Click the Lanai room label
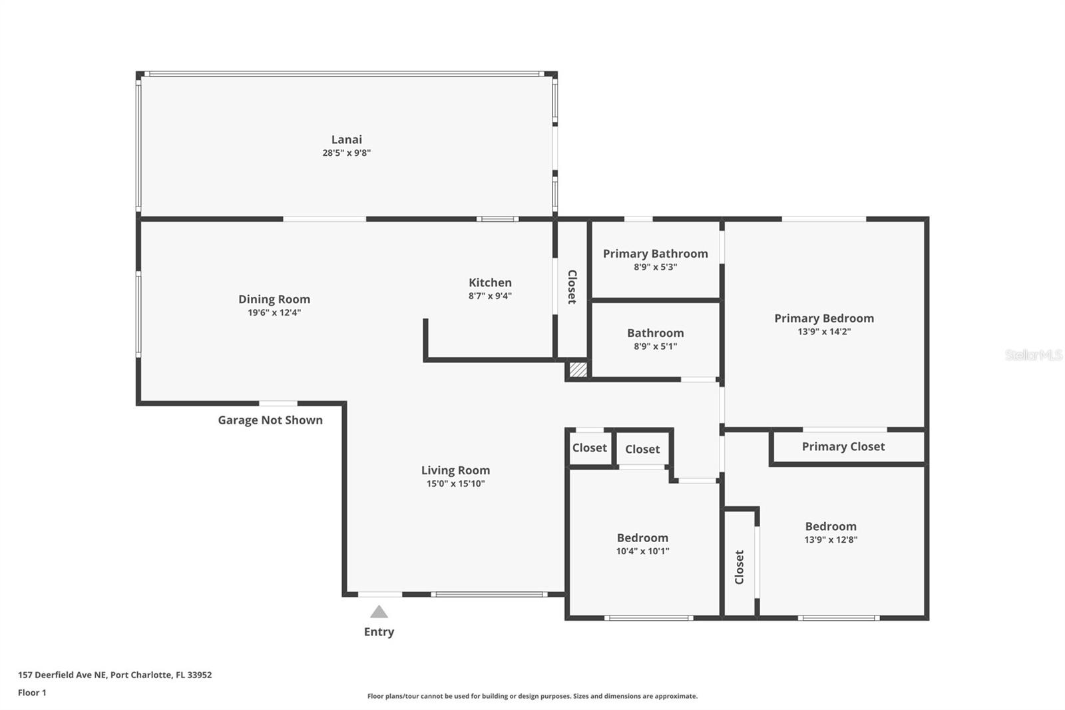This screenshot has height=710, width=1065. (346, 139)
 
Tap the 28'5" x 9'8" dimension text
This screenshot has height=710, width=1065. (346, 153)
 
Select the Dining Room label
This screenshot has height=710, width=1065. (274, 299)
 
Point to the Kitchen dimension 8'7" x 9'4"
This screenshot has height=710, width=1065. (490, 296)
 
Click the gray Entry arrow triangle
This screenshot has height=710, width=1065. (379, 612)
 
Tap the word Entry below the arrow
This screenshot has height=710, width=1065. (379, 632)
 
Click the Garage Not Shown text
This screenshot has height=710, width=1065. (270, 420)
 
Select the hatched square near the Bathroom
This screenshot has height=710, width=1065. (578, 370)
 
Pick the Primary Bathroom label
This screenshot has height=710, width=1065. (655, 254)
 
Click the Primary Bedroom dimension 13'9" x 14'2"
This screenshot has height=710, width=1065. (824, 332)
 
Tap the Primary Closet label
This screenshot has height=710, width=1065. (843, 446)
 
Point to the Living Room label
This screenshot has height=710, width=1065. (455, 470)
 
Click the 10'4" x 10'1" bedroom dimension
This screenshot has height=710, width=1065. (642, 551)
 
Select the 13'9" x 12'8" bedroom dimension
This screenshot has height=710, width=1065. (831, 539)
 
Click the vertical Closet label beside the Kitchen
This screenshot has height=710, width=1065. (572, 286)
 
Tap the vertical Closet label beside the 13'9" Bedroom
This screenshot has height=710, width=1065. (739, 567)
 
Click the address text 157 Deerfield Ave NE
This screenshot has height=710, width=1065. (63, 675)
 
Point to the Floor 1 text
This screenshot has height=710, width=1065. (32, 693)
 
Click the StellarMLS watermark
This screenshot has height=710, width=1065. (1033, 355)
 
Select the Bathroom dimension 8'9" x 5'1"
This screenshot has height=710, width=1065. (655, 346)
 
